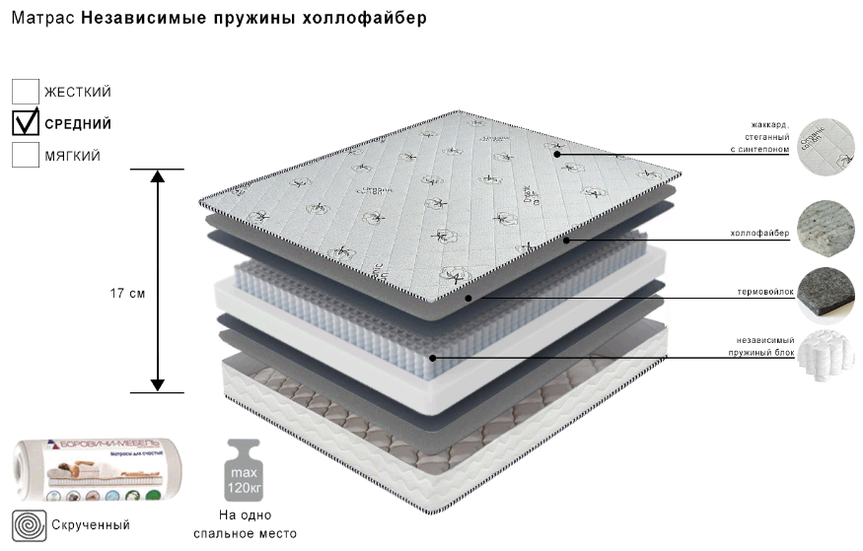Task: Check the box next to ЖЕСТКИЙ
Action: point(26,92)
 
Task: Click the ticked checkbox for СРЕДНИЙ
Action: point(26,123)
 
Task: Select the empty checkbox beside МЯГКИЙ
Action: point(26,155)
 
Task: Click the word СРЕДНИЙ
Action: point(78,124)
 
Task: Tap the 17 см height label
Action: point(128,294)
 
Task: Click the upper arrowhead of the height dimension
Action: point(157,177)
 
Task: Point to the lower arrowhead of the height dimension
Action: point(157,383)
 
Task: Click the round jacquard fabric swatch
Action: point(825,145)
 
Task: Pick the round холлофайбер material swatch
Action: point(825,229)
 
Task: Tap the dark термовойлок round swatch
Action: point(825,293)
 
